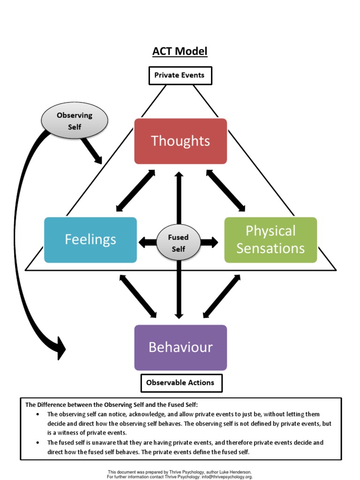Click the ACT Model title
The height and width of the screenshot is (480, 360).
[180, 51]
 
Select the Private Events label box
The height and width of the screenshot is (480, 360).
[180, 75]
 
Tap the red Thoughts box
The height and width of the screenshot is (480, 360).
[180, 141]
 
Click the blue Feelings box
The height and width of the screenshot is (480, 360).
[90, 240]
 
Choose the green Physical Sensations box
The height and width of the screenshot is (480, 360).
[270, 240]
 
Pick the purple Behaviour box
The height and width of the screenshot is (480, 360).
[180, 347]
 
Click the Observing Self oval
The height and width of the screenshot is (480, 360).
[75, 120]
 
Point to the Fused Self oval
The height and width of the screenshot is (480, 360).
[178, 243]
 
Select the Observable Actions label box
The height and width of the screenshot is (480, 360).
[180, 382]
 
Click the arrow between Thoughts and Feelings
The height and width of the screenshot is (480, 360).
[135, 191]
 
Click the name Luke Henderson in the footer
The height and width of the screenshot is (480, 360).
[233, 472]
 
